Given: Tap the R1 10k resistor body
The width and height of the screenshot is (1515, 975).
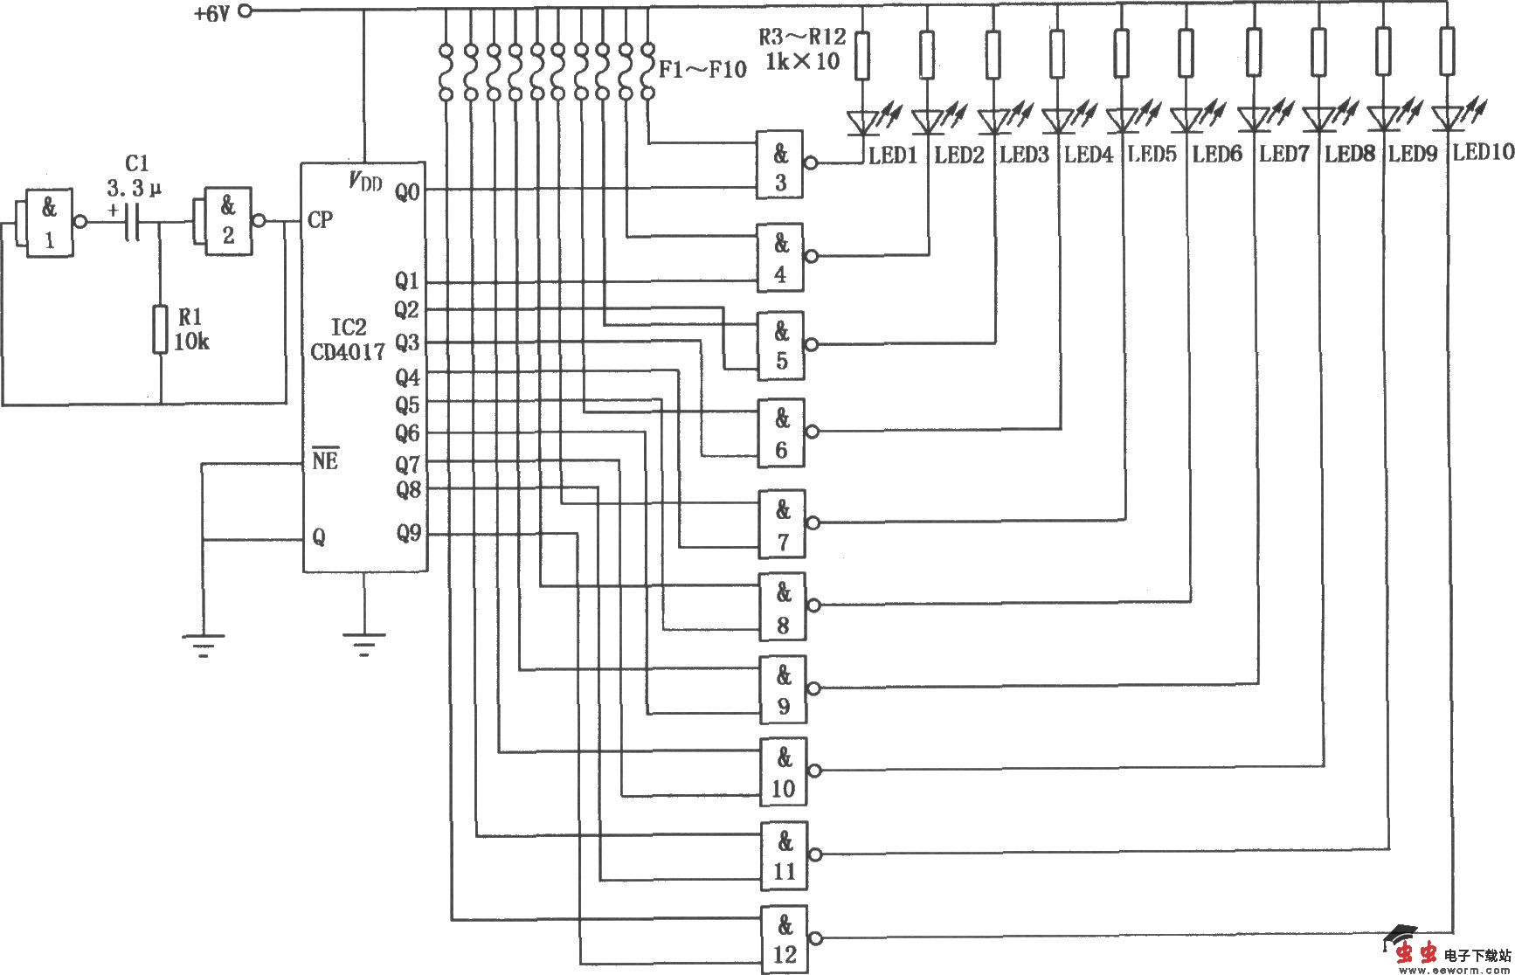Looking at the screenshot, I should coord(160,328).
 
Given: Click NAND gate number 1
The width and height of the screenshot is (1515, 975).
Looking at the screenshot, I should coord(48,224).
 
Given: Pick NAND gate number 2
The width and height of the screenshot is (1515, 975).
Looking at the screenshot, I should coord(227,222).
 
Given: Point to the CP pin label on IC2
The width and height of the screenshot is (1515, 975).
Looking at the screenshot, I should coord(321,219).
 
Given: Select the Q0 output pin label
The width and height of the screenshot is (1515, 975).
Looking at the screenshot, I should coord(407,190).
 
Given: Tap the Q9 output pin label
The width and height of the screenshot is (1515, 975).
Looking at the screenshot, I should coord(408,533).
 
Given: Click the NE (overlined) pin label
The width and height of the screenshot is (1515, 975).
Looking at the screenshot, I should coord(325,460).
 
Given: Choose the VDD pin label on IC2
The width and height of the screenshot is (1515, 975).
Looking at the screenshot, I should coord(365,182).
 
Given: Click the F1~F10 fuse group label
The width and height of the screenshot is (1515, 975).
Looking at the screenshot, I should coord(702,70).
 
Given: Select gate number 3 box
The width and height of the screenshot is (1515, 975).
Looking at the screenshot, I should coord(780,166).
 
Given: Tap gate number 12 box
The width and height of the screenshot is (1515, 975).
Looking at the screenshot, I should coord(784,939).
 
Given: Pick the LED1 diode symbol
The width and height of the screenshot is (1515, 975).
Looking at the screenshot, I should coord(863,121).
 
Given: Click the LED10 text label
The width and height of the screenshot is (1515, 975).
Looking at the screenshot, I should coord(1483,152).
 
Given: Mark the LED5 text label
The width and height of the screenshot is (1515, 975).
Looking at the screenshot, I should coord(1152,155).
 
